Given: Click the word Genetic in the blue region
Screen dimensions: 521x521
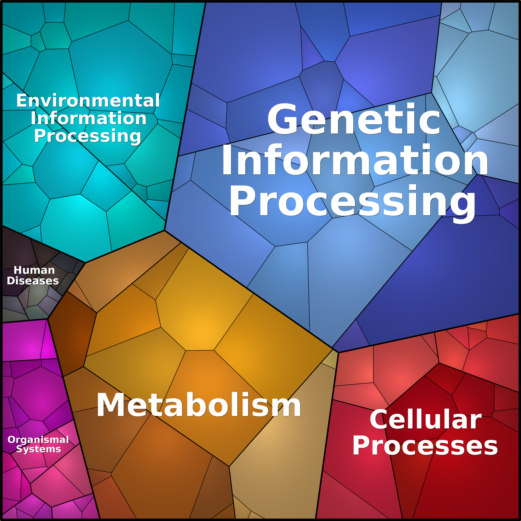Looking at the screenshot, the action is click(x=354, y=119).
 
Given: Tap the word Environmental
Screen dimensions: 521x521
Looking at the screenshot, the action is click(x=88, y=101).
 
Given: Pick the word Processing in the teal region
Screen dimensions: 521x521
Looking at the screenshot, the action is click(x=88, y=136).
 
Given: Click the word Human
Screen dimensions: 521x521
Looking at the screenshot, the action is click(x=34, y=270).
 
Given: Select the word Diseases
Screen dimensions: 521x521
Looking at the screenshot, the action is click(x=33, y=281).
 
